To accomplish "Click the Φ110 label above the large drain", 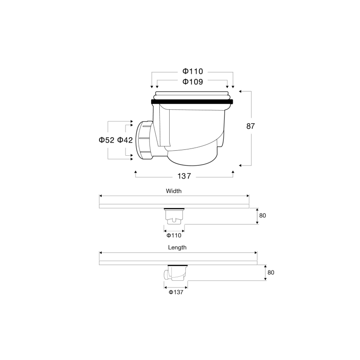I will (193, 72).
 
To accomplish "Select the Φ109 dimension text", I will (193, 82).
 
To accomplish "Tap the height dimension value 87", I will (251, 126).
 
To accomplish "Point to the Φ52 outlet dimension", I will (107, 140).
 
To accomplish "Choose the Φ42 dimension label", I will (125, 140).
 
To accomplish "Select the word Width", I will (174, 191).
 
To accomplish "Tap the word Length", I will (177, 247).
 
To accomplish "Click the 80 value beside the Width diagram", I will (262, 216).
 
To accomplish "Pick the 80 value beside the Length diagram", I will (270, 272).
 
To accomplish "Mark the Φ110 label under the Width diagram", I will (174, 235).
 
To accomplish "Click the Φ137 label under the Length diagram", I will (176, 292).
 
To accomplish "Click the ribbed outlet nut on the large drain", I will (145, 140).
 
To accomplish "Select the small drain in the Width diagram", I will (174, 216).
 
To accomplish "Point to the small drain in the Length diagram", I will (175, 274).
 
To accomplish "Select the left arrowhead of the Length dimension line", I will (101, 252).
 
